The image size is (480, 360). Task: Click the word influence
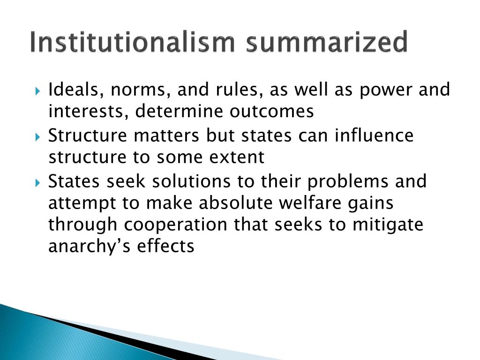click(x=374, y=135)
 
